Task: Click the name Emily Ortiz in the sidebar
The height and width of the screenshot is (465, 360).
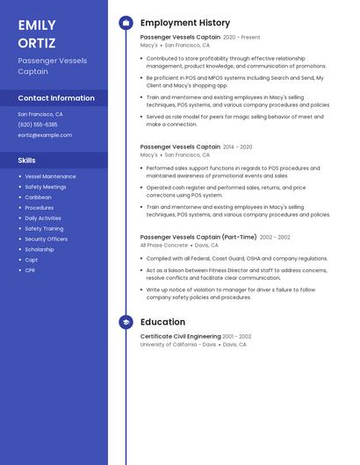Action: (37, 33)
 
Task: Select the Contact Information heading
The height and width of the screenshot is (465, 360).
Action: (56, 98)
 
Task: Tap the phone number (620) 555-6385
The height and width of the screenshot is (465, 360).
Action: (38, 125)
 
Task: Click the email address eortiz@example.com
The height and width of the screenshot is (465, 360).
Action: (45, 135)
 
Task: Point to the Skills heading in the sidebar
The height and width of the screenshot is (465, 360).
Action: (27, 161)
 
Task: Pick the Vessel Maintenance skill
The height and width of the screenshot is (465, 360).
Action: (50, 176)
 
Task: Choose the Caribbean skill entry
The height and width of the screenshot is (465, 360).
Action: (38, 197)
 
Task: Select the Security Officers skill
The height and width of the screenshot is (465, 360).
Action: (46, 239)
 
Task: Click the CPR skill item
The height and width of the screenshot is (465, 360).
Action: (30, 270)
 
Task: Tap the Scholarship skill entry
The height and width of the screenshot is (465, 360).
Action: (40, 249)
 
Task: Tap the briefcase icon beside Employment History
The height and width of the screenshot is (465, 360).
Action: (126, 22)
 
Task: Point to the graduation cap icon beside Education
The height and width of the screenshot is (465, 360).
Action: (126, 322)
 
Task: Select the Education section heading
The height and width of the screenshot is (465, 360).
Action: (162, 322)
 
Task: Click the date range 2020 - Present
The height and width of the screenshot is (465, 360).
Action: (241, 38)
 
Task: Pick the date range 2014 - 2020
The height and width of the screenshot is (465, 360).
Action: (237, 147)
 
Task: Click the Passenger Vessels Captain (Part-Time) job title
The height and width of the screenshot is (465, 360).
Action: (198, 237)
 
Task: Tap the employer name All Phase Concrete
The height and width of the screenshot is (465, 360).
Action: (164, 245)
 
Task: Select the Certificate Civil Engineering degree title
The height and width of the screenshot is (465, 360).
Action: (180, 337)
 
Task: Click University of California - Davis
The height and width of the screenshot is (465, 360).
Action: (178, 345)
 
